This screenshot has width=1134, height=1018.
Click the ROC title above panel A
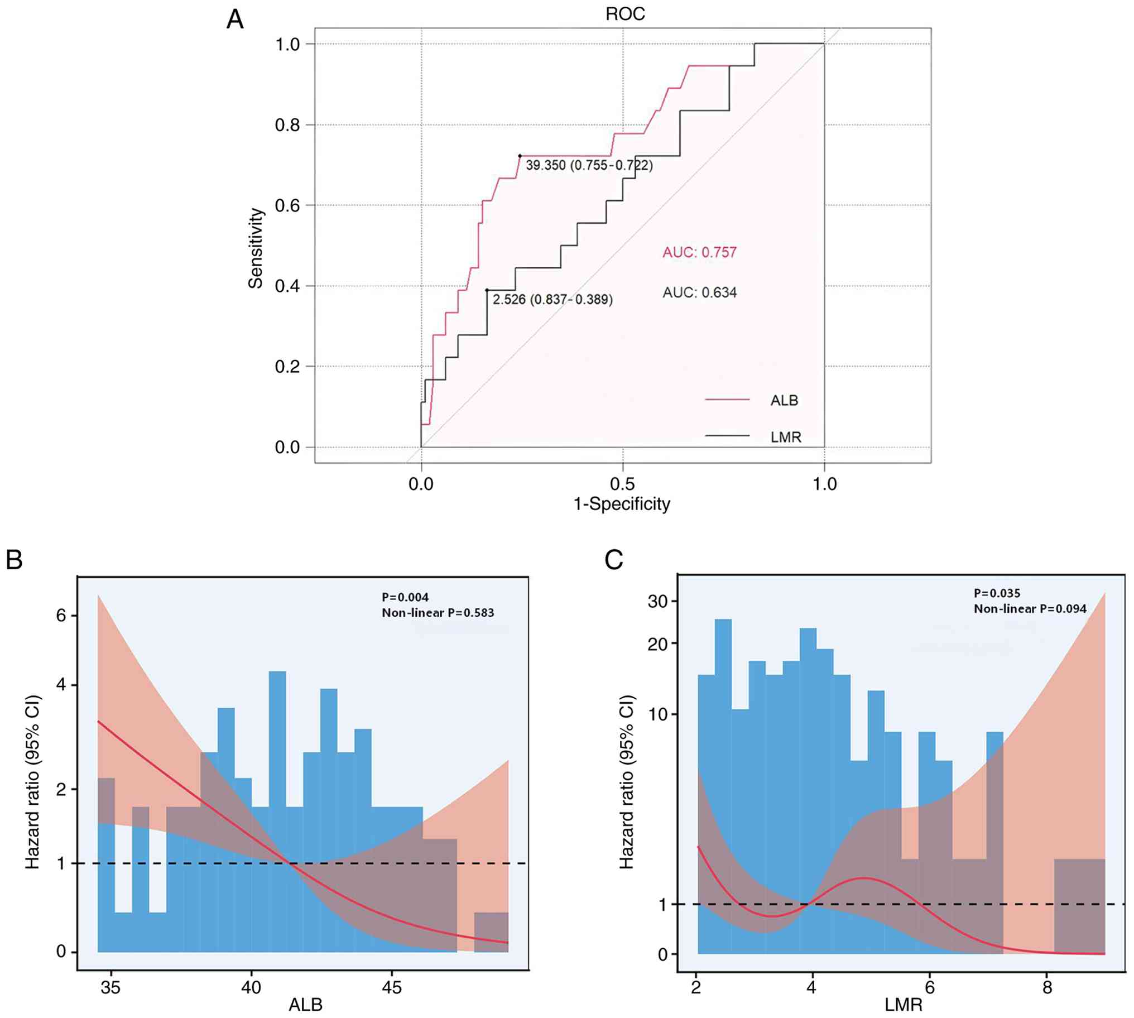(x=624, y=14)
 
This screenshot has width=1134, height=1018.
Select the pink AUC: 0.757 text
(x=699, y=252)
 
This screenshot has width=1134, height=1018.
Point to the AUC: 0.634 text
(x=699, y=292)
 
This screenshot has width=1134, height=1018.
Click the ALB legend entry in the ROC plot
(x=784, y=401)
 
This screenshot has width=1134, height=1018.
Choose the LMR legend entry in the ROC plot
(x=786, y=437)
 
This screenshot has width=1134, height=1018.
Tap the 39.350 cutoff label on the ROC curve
(x=589, y=165)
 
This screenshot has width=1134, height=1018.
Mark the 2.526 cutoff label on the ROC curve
(x=552, y=299)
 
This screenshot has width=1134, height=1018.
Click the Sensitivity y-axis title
(x=256, y=248)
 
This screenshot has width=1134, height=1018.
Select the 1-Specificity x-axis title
(x=622, y=504)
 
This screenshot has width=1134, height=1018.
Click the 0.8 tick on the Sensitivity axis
(x=287, y=125)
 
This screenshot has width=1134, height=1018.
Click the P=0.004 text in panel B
(x=405, y=597)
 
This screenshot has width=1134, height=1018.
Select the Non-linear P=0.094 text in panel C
(x=1030, y=608)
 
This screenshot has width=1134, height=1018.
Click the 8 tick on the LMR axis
(x=1047, y=987)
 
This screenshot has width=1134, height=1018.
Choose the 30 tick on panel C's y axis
(x=657, y=602)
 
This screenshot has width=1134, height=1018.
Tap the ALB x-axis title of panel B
(x=305, y=1005)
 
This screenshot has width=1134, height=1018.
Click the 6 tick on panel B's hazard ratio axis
(x=61, y=616)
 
